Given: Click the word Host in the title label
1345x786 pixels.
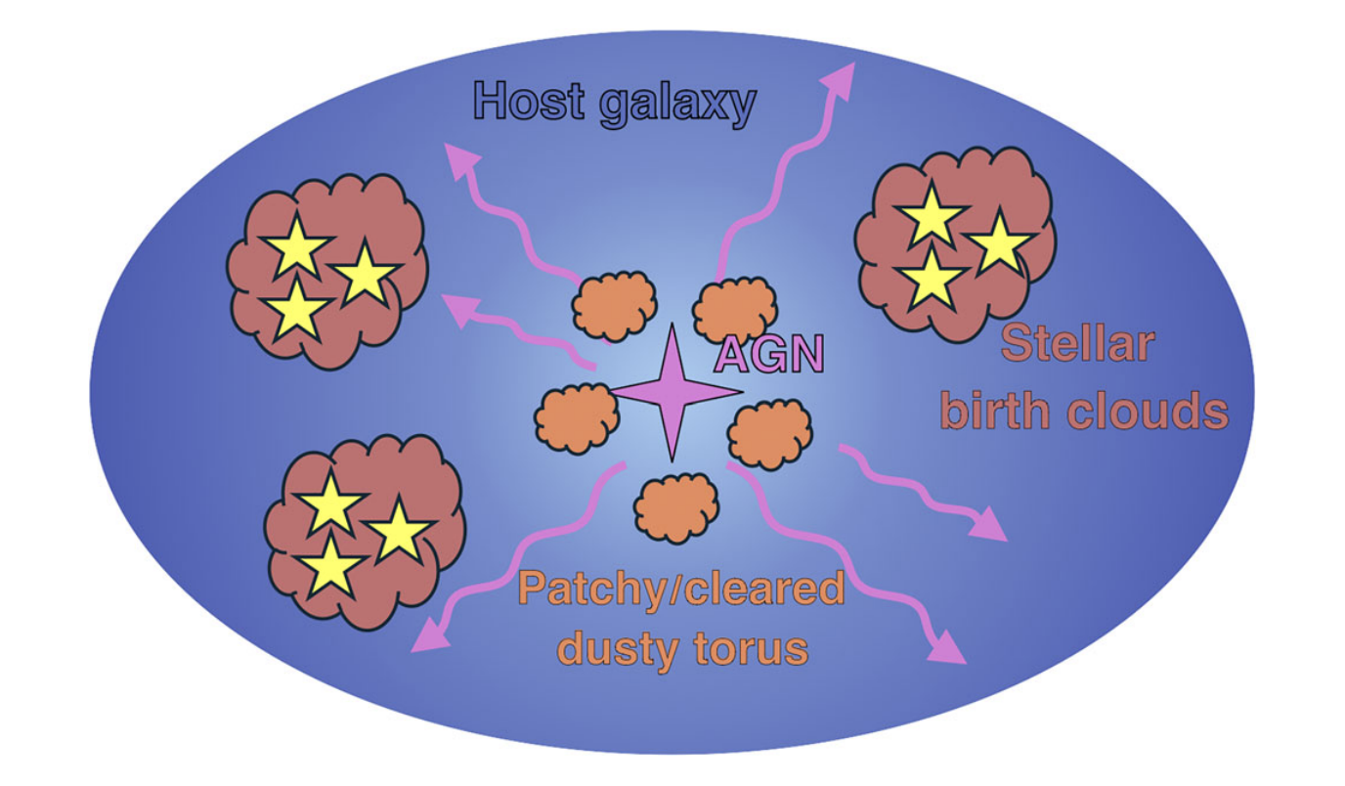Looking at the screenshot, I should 528,101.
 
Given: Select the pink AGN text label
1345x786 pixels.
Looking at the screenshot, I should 769,354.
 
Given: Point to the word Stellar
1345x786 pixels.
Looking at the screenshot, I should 1079,344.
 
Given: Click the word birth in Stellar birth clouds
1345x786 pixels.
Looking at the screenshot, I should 996,411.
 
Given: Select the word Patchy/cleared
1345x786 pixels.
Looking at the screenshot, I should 680,589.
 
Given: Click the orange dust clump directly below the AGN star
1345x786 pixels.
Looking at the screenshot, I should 676,506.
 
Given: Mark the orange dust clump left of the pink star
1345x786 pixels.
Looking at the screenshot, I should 577,417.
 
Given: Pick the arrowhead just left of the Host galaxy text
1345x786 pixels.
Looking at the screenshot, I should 455,156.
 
